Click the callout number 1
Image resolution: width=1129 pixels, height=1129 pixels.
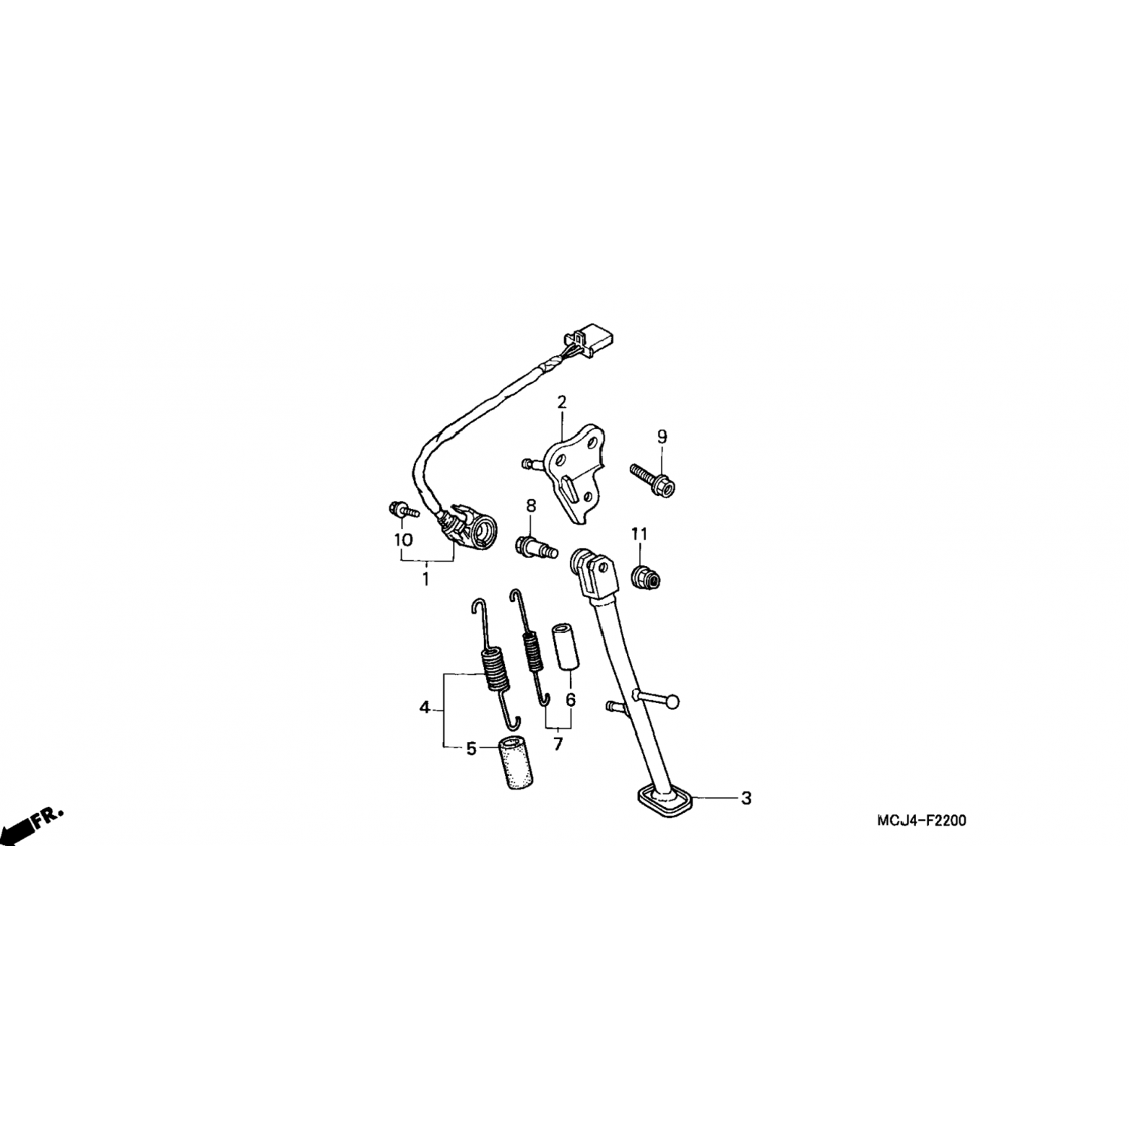tap(425, 580)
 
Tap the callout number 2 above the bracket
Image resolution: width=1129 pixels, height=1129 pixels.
tap(561, 403)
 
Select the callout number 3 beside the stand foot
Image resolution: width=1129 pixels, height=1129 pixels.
tap(746, 799)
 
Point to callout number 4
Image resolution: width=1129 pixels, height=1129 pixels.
tap(425, 708)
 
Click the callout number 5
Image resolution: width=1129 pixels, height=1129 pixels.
tap(471, 749)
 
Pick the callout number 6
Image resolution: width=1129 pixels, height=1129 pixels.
tap(571, 700)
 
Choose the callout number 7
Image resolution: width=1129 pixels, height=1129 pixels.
tap(558, 745)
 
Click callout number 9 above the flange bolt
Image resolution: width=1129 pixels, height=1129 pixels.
tap(662, 437)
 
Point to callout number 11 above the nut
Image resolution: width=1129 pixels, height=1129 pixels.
tap(639, 534)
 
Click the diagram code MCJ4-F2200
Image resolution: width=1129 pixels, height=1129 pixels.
tap(921, 820)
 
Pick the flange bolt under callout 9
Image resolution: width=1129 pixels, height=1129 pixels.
tap(652, 479)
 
